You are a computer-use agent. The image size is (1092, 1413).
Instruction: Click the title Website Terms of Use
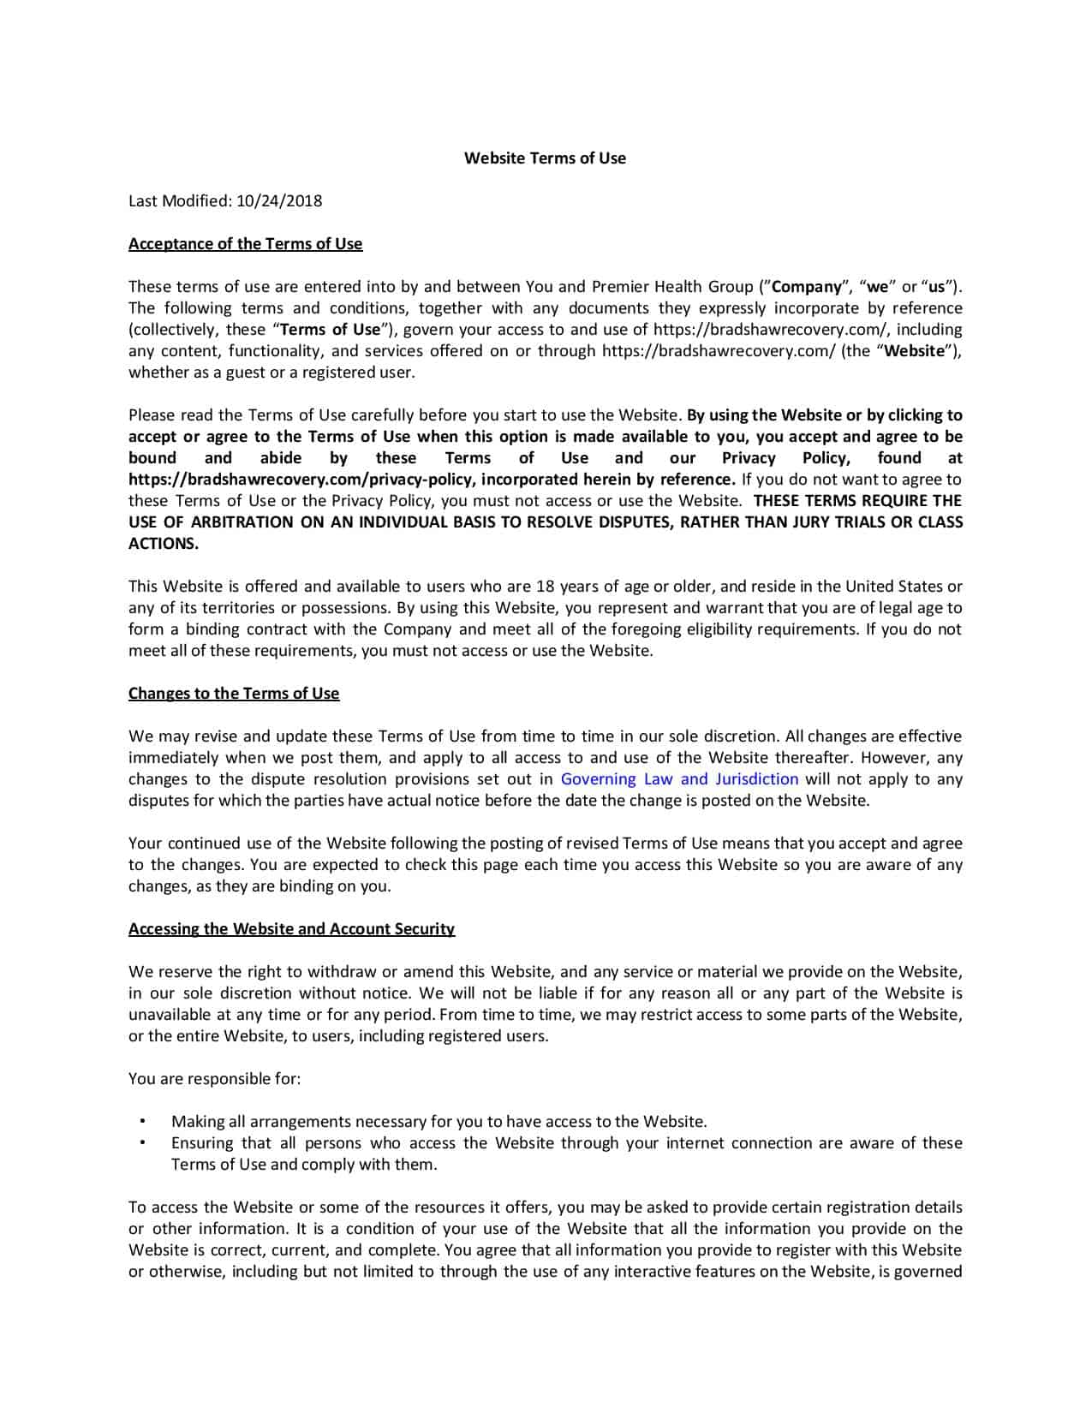click(545, 158)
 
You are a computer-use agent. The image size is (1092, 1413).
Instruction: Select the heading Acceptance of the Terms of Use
click(245, 243)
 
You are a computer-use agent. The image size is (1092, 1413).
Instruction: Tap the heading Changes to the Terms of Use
click(234, 693)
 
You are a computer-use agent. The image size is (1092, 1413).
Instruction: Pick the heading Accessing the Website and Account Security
click(291, 928)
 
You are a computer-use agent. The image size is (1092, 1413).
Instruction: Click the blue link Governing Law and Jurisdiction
click(679, 778)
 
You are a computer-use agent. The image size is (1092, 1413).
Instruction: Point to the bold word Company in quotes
click(807, 286)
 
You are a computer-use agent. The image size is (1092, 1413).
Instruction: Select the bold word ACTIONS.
click(163, 543)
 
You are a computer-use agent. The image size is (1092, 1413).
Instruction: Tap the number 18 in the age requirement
click(545, 586)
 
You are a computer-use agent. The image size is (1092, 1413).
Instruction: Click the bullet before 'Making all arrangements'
click(141, 1121)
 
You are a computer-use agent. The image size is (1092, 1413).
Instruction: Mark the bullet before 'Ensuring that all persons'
click(141, 1142)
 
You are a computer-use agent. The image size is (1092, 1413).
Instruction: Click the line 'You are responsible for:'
click(214, 1078)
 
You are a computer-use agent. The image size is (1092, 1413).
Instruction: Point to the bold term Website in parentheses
click(915, 350)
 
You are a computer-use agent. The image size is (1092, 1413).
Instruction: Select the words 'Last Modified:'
click(179, 200)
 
